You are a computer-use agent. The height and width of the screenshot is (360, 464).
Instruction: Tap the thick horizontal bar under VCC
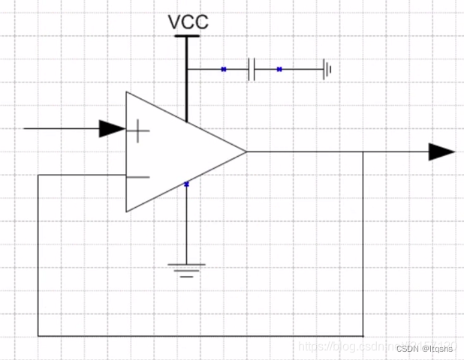187,35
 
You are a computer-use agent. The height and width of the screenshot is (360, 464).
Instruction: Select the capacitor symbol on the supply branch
252,70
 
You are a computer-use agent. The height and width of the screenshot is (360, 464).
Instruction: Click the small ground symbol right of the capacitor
327,70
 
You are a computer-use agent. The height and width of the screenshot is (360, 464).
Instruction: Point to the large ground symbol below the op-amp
186,269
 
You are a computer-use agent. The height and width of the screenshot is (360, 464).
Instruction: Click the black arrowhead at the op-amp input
112,129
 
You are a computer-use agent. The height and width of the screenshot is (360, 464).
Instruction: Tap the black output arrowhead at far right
441,152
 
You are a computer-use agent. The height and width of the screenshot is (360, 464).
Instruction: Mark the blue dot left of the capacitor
224,70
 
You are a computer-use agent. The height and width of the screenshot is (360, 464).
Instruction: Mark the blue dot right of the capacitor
279,70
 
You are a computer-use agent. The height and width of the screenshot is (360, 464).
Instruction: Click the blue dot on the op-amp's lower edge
186,183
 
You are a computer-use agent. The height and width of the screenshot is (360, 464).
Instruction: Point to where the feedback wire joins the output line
363,152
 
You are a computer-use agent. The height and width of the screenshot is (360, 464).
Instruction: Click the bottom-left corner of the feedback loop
38,336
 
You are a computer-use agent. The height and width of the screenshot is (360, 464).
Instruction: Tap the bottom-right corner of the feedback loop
363,336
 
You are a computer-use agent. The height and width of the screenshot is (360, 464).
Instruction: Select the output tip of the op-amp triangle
246,152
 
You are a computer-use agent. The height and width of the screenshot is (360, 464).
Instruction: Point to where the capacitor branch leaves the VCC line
186,70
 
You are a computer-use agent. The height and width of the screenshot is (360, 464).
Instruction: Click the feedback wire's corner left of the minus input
38,175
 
